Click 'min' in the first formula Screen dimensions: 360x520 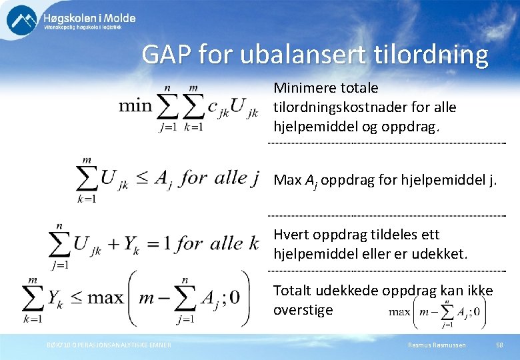(135, 107)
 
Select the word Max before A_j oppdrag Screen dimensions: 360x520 (287, 180)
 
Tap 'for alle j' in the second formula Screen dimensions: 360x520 (219, 177)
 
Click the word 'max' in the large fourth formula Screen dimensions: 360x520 (105, 297)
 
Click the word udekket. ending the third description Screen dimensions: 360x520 (445, 254)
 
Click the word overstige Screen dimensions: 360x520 (303, 310)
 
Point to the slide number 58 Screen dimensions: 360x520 (499, 345)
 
